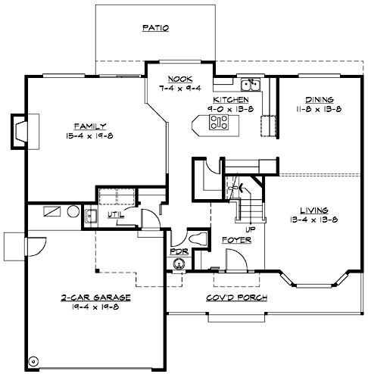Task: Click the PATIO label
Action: tap(155, 28)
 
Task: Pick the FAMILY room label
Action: tap(89, 126)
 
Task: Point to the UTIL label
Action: tap(114, 215)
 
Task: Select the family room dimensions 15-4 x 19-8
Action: tap(89, 136)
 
